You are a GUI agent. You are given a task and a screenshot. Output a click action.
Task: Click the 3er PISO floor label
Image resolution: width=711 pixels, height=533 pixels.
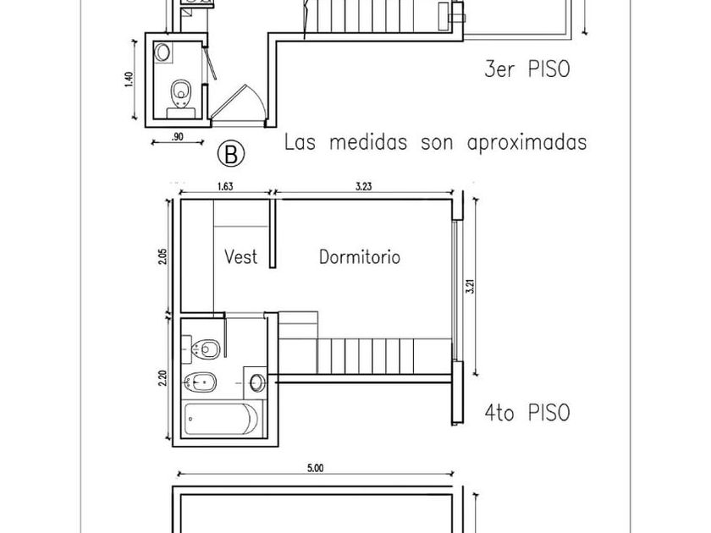point(526,69)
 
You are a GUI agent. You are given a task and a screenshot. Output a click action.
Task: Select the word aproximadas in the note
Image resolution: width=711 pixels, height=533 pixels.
point(527,141)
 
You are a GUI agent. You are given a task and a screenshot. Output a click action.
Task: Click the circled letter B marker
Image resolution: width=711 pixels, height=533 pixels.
point(231,153)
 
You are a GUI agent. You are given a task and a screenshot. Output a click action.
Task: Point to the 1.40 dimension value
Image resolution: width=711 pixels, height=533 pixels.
point(129,79)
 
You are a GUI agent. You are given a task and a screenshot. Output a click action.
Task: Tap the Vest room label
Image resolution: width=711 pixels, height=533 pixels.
point(241,256)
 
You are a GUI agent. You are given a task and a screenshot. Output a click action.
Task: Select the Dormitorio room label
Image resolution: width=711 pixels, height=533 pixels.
point(359,256)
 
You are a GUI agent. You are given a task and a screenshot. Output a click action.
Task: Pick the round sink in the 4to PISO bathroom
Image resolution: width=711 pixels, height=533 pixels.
point(257,382)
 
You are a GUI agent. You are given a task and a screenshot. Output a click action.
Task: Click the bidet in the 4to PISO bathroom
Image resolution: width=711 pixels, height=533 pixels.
point(202,382)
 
